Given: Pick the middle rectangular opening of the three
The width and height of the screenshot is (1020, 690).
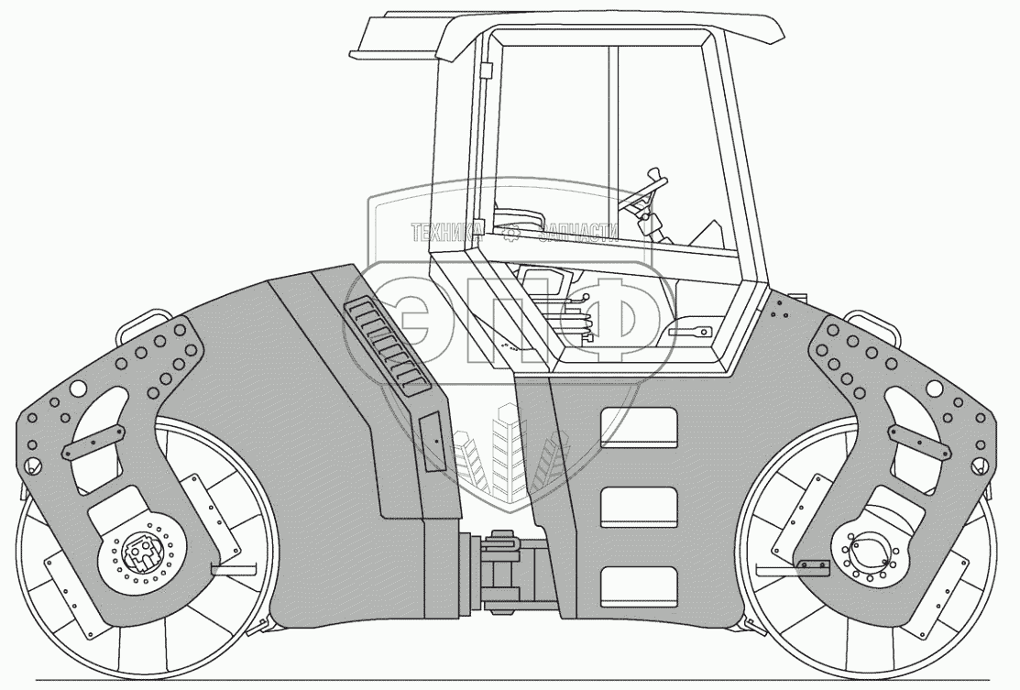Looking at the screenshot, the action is (x=639, y=508).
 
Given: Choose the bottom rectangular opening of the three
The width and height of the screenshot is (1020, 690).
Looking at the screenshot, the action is (x=639, y=586).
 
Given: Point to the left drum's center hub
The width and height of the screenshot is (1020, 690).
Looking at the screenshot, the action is (x=141, y=555).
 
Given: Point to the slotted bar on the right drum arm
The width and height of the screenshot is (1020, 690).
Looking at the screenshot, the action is (x=916, y=444).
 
